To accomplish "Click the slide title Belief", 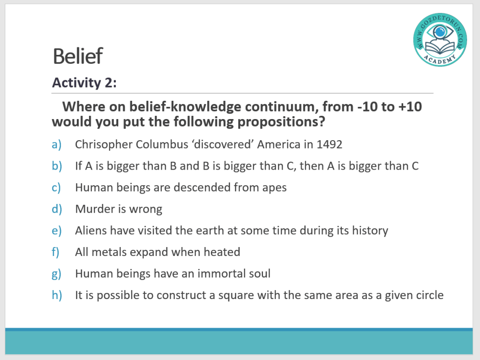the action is click(78, 56).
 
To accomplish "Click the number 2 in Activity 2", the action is click(109, 82).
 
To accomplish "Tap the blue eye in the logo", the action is click(440, 31).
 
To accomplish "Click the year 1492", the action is click(329, 144).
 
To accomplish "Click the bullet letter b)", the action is click(57, 166).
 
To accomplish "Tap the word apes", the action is click(274, 188).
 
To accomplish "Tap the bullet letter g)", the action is click(57, 274).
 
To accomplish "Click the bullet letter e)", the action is click(57, 231).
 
